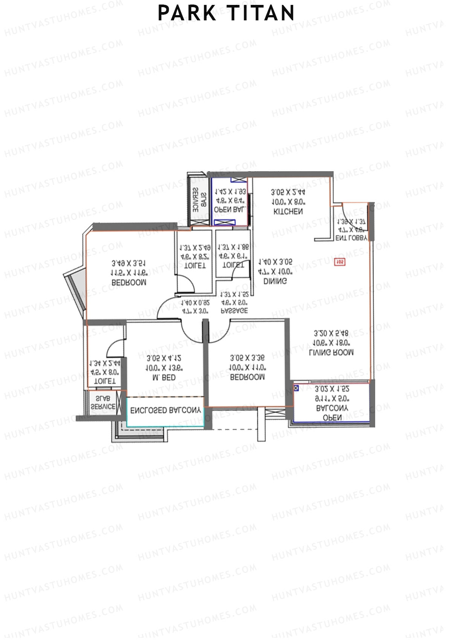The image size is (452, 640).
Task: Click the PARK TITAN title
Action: click(226, 13)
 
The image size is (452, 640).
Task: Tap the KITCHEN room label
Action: click(288, 212)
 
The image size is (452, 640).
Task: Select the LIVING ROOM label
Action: click(331, 353)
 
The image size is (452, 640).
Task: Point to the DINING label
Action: click(275, 281)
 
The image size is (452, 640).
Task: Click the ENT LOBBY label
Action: click(351, 238)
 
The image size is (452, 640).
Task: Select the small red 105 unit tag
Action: click(340, 261)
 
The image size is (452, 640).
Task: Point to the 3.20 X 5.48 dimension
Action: click(331, 333)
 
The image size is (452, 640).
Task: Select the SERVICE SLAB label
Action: click(103, 403)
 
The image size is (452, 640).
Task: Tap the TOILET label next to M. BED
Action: click(104, 381)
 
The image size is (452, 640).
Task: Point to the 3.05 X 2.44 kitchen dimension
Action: click(288, 192)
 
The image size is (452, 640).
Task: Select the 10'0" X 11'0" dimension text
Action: click(247, 367)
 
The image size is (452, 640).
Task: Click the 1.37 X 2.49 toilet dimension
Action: click(195, 248)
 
